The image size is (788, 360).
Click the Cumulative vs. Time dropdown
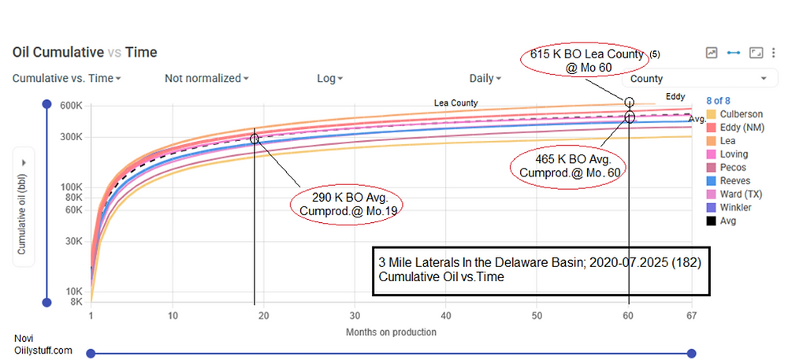click(67, 78)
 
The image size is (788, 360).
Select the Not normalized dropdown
click(206, 78)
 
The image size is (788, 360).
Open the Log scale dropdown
click(330, 78)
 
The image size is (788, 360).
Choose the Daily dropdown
click(486, 78)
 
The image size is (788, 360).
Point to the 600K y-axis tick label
click(72, 106)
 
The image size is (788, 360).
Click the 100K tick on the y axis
click(72, 187)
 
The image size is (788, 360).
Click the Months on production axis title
click(391, 332)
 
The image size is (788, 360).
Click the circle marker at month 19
click(255, 139)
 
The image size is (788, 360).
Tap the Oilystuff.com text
click(38, 351)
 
